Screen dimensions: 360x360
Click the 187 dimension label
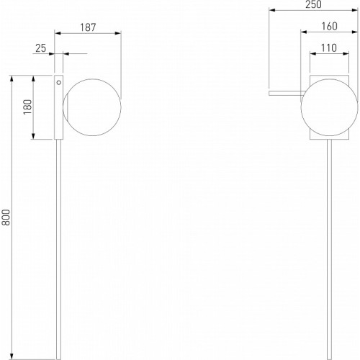point(88,27)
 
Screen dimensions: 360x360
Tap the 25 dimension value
point(40,48)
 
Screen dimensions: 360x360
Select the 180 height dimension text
point(28,107)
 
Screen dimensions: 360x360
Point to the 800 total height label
point(6,217)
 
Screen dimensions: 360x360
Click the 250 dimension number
point(313,4)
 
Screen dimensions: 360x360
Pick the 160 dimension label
point(329,26)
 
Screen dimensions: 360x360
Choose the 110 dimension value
point(329,48)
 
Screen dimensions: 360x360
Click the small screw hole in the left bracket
point(59,83)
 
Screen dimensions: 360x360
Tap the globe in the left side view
point(92,107)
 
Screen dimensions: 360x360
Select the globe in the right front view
point(329,107)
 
